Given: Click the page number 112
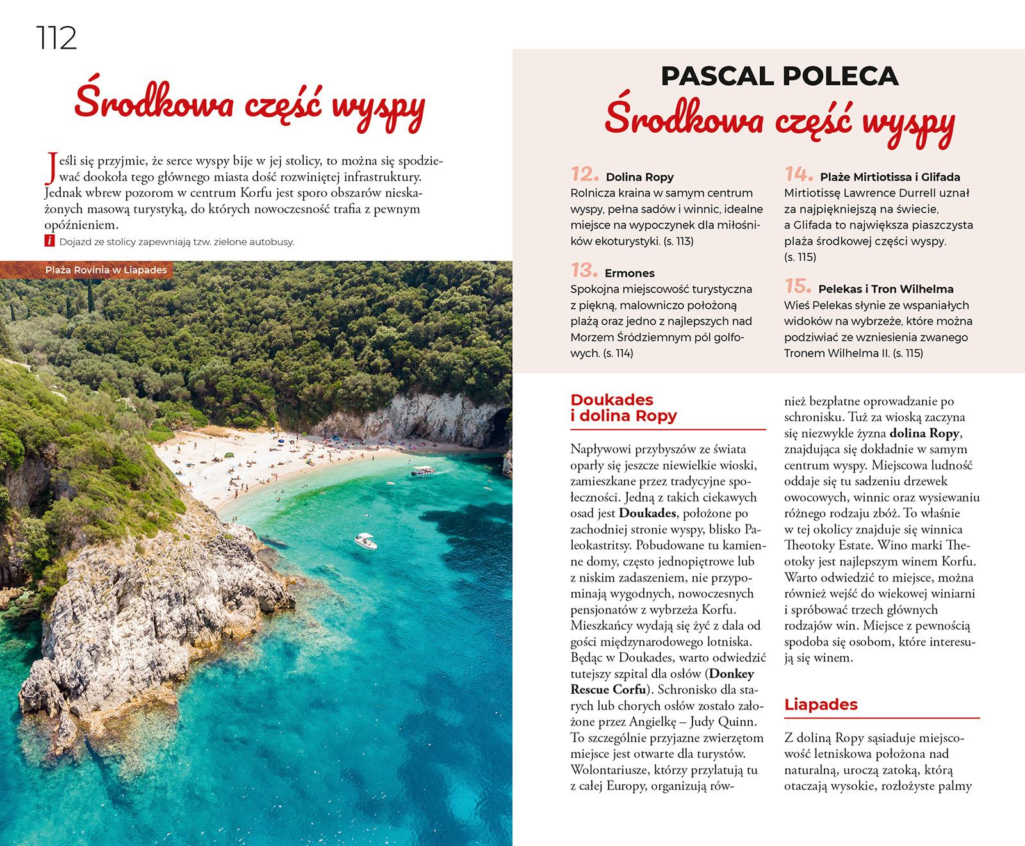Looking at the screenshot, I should click(56, 39).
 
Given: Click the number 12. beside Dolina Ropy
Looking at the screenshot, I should click(584, 175).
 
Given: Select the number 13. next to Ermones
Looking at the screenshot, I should click(584, 272).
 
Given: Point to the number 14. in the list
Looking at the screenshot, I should click(798, 175).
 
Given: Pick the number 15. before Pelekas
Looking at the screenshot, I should click(798, 288).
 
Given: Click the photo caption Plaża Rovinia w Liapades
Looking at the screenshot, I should click(106, 270).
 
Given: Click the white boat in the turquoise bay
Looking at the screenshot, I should click(365, 541).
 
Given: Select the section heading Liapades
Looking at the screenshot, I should click(821, 705).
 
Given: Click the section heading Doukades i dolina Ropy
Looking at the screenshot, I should click(623, 409).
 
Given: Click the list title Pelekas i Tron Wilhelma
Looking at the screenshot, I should click(887, 289).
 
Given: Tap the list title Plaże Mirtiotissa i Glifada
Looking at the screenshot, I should click(890, 177).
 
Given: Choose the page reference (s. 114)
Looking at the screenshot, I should click(618, 354).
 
